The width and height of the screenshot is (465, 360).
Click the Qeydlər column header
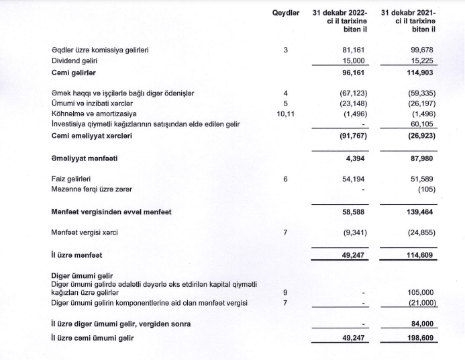click(286, 13)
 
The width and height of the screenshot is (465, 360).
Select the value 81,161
click(354, 49)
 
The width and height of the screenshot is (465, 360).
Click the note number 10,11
click(286, 114)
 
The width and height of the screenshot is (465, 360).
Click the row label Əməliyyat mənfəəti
click(91, 159)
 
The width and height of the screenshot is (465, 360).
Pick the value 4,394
click(356, 159)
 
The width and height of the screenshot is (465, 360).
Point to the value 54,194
click(354, 179)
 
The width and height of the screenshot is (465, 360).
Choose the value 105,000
click(420, 293)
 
